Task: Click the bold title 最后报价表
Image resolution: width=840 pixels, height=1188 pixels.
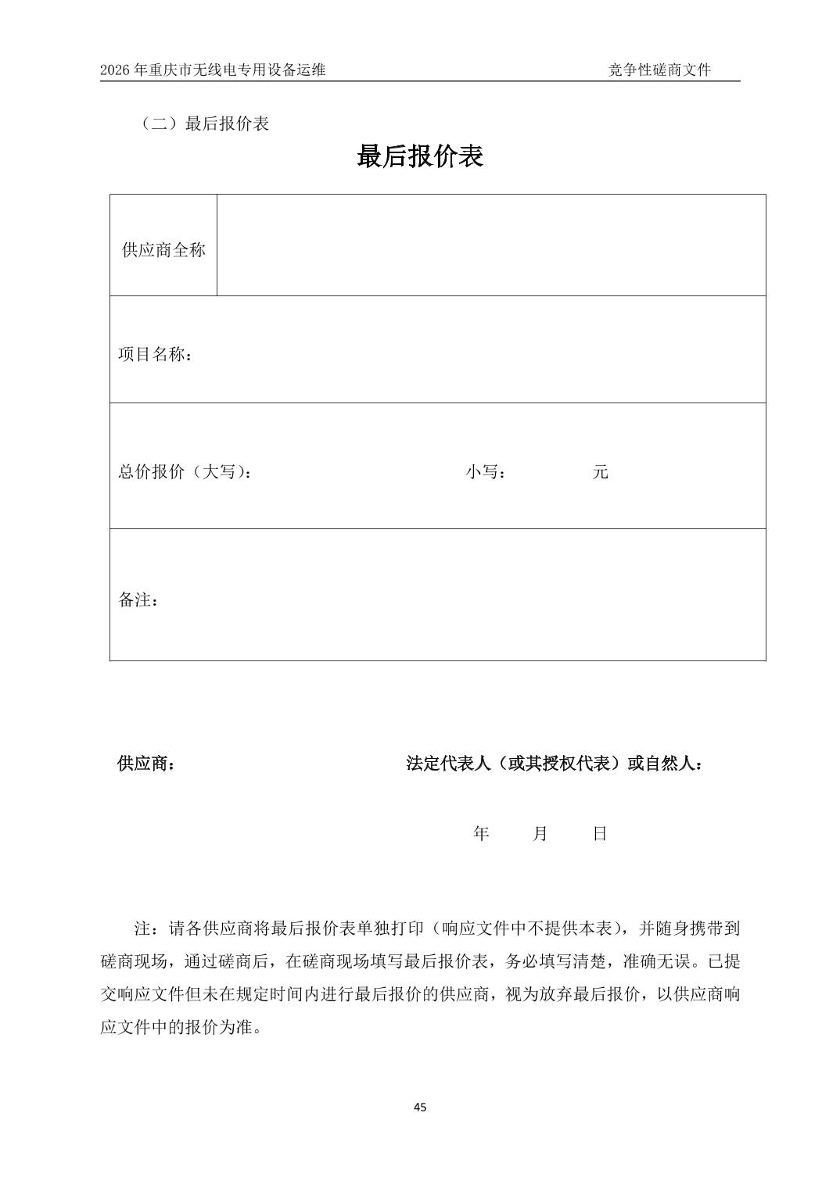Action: coord(420,156)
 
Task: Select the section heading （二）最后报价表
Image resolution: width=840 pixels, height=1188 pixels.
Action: coord(204,123)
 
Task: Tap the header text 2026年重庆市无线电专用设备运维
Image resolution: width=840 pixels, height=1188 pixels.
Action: coord(213,70)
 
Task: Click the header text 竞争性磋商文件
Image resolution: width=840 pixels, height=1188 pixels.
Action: coord(659,70)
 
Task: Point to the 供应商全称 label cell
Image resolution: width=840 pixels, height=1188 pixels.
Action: coord(163,250)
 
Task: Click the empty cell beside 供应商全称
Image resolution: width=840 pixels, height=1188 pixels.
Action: coord(490,245)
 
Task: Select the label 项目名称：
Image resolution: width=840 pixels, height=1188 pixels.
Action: coord(156,354)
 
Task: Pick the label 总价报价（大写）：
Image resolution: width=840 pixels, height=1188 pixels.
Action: coord(185,472)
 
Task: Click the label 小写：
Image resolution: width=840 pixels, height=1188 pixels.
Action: coord(486,472)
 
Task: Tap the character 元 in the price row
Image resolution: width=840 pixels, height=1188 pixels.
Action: coord(600,472)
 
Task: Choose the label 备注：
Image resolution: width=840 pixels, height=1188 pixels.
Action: coord(138,600)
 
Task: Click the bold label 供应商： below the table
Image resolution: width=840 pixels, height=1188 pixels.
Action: coord(146,764)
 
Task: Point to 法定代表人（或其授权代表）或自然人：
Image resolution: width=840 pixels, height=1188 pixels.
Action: coord(554,764)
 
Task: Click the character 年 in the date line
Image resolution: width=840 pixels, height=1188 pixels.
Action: coord(481,834)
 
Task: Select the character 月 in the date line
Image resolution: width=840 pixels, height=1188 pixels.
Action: coord(540,834)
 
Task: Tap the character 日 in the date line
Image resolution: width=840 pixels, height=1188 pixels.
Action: coord(600,834)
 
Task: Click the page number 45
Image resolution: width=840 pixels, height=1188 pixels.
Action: coord(420,1107)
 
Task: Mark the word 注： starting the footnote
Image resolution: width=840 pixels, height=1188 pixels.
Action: coord(146,929)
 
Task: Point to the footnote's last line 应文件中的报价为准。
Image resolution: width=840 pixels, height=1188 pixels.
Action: coord(181,1027)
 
